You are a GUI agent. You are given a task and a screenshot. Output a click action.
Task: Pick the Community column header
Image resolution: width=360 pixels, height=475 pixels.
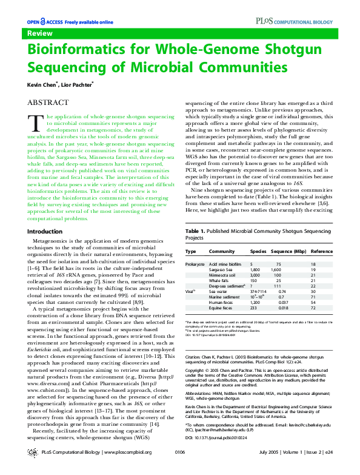(221, 251)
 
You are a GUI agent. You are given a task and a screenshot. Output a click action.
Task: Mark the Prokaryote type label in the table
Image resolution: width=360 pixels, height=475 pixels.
(195, 264)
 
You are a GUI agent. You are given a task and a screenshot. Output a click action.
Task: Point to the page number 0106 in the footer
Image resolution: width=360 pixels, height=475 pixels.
(179, 469)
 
